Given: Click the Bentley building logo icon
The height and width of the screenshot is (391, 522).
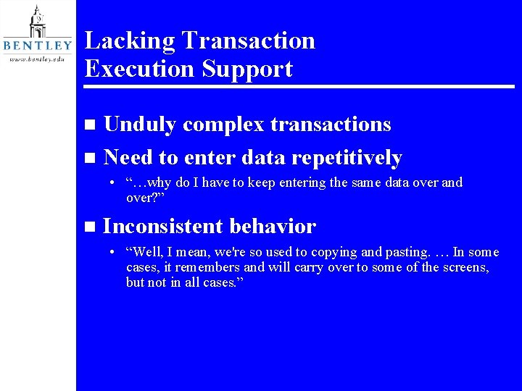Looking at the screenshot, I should (37, 22).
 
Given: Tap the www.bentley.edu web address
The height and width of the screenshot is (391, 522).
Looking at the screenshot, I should (37, 59).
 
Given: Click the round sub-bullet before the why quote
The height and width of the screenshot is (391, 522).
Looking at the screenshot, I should (113, 183).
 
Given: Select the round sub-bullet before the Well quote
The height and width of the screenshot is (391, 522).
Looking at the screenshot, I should (113, 253).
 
